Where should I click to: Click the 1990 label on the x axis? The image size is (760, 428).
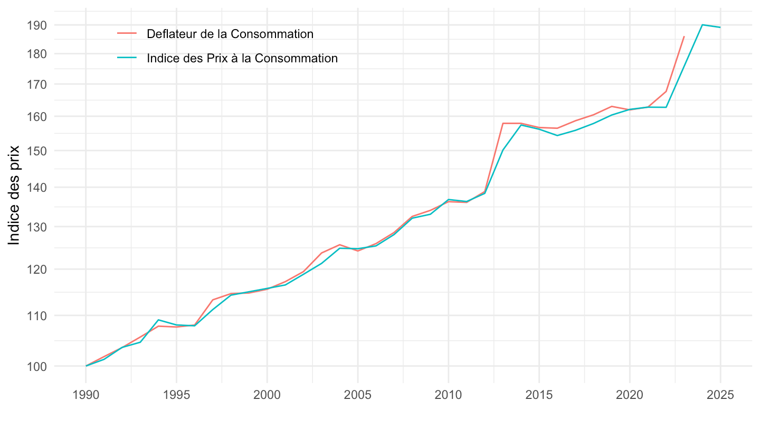click(x=86, y=395)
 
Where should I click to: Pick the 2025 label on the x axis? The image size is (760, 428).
click(x=720, y=395)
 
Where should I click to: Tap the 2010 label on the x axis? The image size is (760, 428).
click(x=448, y=395)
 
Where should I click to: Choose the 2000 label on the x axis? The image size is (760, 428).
click(x=267, y=395)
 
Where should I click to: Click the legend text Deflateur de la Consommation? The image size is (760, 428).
click(x=230, y=34)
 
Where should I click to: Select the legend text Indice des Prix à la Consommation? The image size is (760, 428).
click(x=242, y=58)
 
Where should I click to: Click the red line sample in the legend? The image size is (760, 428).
click(x=127, y=34)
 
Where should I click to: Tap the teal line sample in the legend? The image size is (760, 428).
click(x=127, y=58)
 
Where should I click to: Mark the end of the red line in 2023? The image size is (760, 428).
click(x=684, y=36)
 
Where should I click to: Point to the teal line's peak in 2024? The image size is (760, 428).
click(x=702, y=25)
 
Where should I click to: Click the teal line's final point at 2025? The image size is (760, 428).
click(x=720, y=27)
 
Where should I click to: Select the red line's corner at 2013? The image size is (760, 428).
click(x=503, y=123)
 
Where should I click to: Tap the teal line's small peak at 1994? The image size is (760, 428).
click(x=158, y=320)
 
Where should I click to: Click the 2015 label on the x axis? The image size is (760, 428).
click(x=539, y=395)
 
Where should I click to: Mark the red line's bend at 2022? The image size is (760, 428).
click(x=666, y=91)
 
